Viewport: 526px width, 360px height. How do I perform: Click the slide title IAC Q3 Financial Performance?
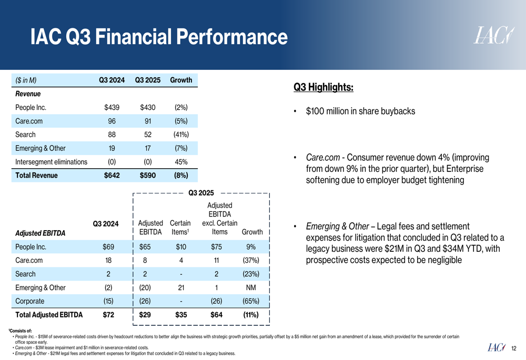tap(159, 37)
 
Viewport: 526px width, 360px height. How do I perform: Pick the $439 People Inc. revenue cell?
tap(112, 108)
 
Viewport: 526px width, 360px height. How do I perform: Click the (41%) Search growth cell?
tap(181, 135)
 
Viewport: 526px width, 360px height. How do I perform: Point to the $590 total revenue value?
tap(147, 176)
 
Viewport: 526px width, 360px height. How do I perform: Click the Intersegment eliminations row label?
tap(52, 162)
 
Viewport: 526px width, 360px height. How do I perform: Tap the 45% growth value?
tap(181, 162)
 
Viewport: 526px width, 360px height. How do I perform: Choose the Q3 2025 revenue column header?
tap(147, 80)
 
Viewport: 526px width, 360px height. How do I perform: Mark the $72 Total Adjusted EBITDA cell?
tap(108, 315)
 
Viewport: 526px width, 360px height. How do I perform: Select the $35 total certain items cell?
tap(180, 315)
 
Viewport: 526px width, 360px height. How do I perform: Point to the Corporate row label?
tap(30, 301)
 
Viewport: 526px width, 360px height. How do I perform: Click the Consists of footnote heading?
tap(21, 330)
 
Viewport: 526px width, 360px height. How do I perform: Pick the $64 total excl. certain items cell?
tap(216, 315)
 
